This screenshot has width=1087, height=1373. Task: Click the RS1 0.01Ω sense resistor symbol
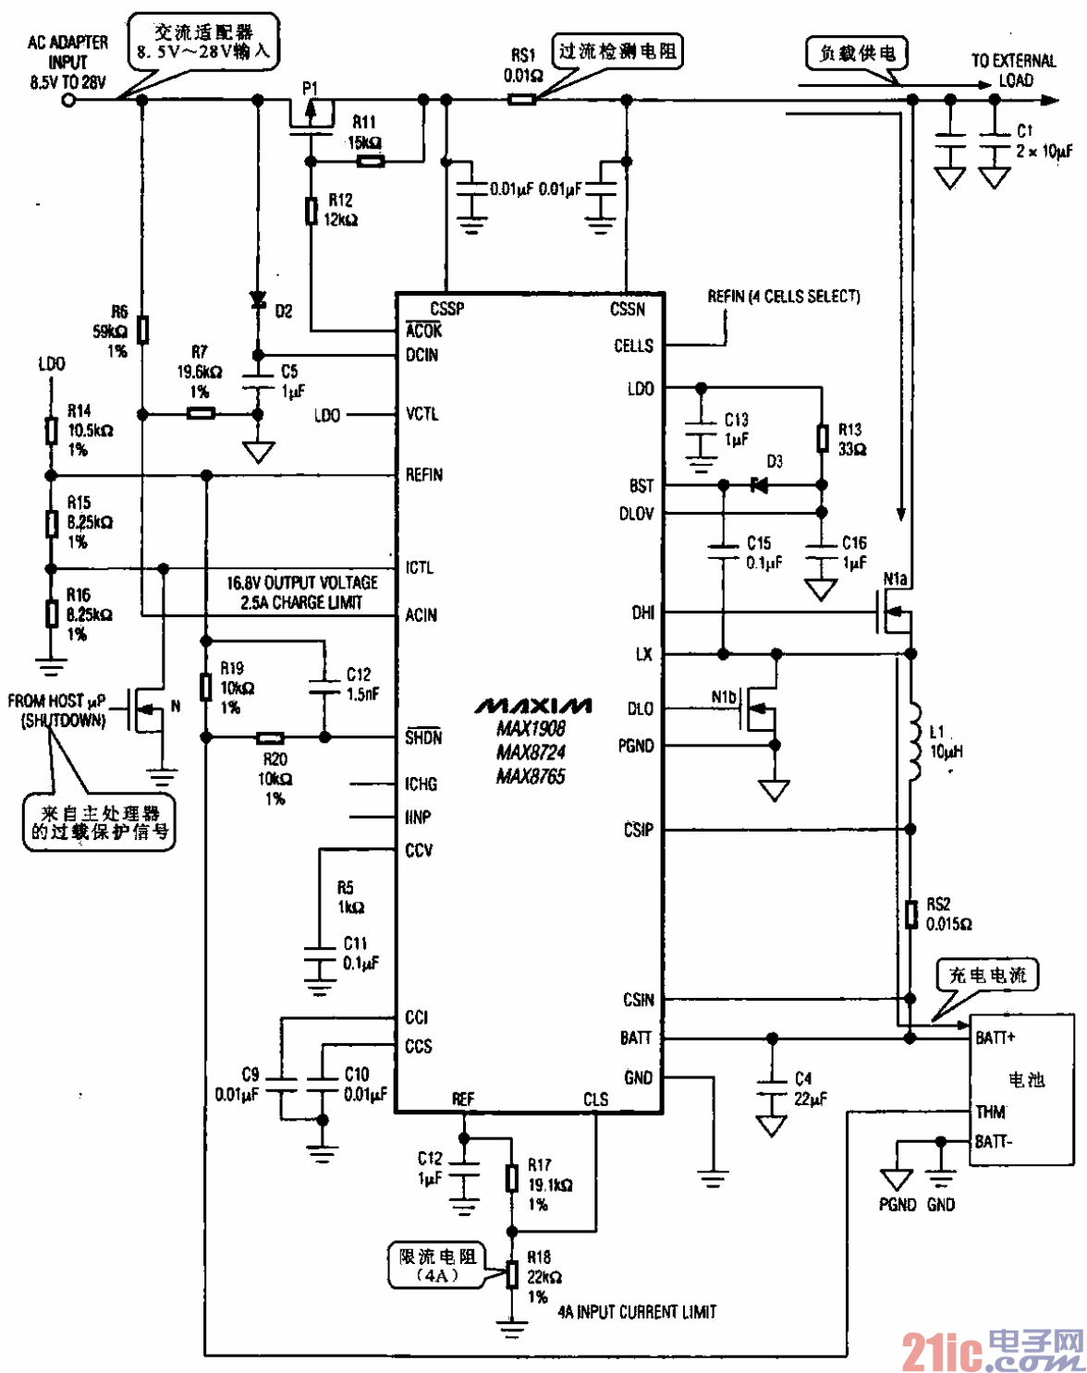point(522,98)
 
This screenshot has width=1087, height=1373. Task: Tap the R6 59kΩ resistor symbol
point(142,329)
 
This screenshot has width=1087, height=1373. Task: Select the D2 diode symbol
point(258,300)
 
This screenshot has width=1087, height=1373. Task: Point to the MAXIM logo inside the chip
point(533,706)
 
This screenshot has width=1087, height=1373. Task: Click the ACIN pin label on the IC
point(421,615)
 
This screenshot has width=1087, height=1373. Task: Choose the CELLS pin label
point(633,346)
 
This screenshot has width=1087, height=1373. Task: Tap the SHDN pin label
point(423,737)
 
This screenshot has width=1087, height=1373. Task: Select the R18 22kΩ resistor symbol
point(511,1274)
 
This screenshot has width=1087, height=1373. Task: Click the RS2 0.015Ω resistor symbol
point(911,914)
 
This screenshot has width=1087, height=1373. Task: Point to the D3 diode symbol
point(759,484)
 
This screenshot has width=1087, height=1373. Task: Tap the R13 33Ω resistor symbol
point(822,438)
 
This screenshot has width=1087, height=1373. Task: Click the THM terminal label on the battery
point(990,1112)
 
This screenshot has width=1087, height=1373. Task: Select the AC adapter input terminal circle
point(68,99)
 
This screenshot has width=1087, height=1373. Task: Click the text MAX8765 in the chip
point(531,776)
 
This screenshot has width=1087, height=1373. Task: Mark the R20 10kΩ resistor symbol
point(270,737)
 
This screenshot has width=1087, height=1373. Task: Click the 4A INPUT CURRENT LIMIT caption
point(637,1311)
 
